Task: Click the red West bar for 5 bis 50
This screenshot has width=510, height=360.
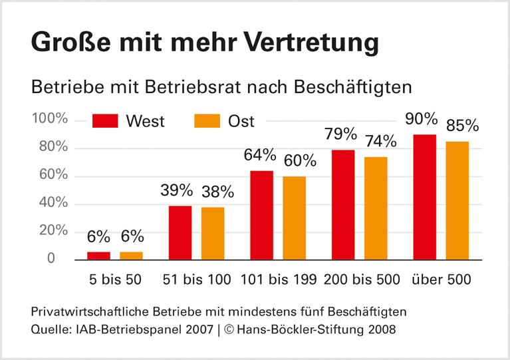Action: click(99, 256)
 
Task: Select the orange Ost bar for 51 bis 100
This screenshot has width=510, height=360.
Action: click(213, 233)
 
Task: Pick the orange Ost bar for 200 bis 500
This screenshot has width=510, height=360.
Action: click(376, 208)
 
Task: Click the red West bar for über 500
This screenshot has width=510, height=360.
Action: click(424, 196)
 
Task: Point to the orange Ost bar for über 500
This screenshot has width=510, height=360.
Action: click(457, 200)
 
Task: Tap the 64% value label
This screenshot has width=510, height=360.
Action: click(259, 155)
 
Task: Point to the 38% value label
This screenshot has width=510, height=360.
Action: click(217, 192)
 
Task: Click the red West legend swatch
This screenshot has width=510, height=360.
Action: click(104, 121)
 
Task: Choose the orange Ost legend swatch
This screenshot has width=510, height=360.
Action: click(207, 121)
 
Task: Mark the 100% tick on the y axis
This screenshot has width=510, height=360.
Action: click(50, 119)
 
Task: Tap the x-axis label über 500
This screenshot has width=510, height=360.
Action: click(441, 279)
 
